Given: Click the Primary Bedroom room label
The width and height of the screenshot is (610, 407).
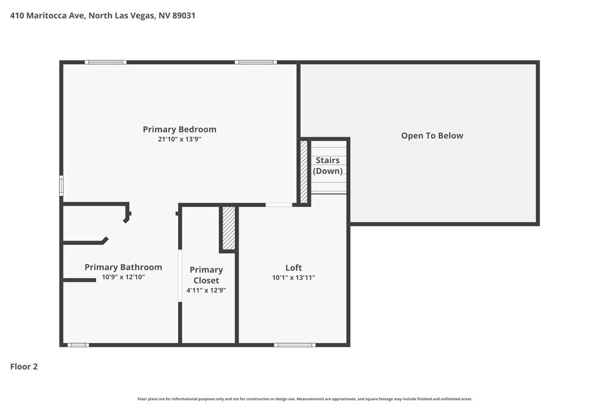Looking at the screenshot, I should pyautogui.click(x=179, y=129).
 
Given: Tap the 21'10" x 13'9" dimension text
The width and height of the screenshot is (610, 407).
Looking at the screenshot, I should pyautogui.click(x=179, y=139).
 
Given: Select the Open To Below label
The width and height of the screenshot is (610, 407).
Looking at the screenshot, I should pyautogui.click(x=432, y=135).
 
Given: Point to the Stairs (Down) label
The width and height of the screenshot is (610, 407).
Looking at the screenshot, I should pyautogui.click(x=328, y=165).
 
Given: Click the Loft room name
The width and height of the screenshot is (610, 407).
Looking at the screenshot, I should pyautogui.click(x=293, y=267).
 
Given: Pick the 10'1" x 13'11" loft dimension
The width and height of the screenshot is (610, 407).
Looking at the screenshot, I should pyautogui.click(x=293, y=278).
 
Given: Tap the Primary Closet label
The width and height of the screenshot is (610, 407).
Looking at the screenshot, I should pyautogui.click(x=206, y=275).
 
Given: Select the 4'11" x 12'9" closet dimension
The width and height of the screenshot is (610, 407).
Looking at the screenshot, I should pyautogui.click(x=206, y=290).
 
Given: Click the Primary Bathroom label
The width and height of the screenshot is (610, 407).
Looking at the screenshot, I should pyautogui.click(x=123, y=267).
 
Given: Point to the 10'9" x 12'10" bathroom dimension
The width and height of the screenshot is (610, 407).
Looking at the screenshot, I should pyautogui.click(x=123, y=277).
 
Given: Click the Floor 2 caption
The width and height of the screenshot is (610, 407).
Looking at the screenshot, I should pyautogui.click(x=24, y=367).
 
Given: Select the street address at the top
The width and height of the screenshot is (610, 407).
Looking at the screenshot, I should pyautogui.click(x=102, y=16).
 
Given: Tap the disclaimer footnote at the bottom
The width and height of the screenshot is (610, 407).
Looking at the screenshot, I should pyautogui.click(x=305, y=398).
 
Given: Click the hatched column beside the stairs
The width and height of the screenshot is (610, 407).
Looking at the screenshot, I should pyautogui.click(x=304, y=171).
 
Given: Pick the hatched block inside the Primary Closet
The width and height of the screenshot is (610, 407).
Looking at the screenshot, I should pyautogui.click(x=229, y=228).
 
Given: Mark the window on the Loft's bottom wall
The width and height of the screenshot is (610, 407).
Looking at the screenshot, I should pyautogui.click(x=295, y=345).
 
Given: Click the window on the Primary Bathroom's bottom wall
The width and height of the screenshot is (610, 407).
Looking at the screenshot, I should pyautogui.click(x=78, y=345).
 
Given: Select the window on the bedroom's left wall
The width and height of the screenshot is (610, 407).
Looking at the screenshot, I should pyautogui.click(x=61, y=185).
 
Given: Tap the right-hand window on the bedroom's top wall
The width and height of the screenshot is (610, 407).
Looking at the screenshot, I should pyautogui.click(x=256, y=62).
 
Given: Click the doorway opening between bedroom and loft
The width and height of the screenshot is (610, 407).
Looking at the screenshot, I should pyautogui.click(x=279, y=204).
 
